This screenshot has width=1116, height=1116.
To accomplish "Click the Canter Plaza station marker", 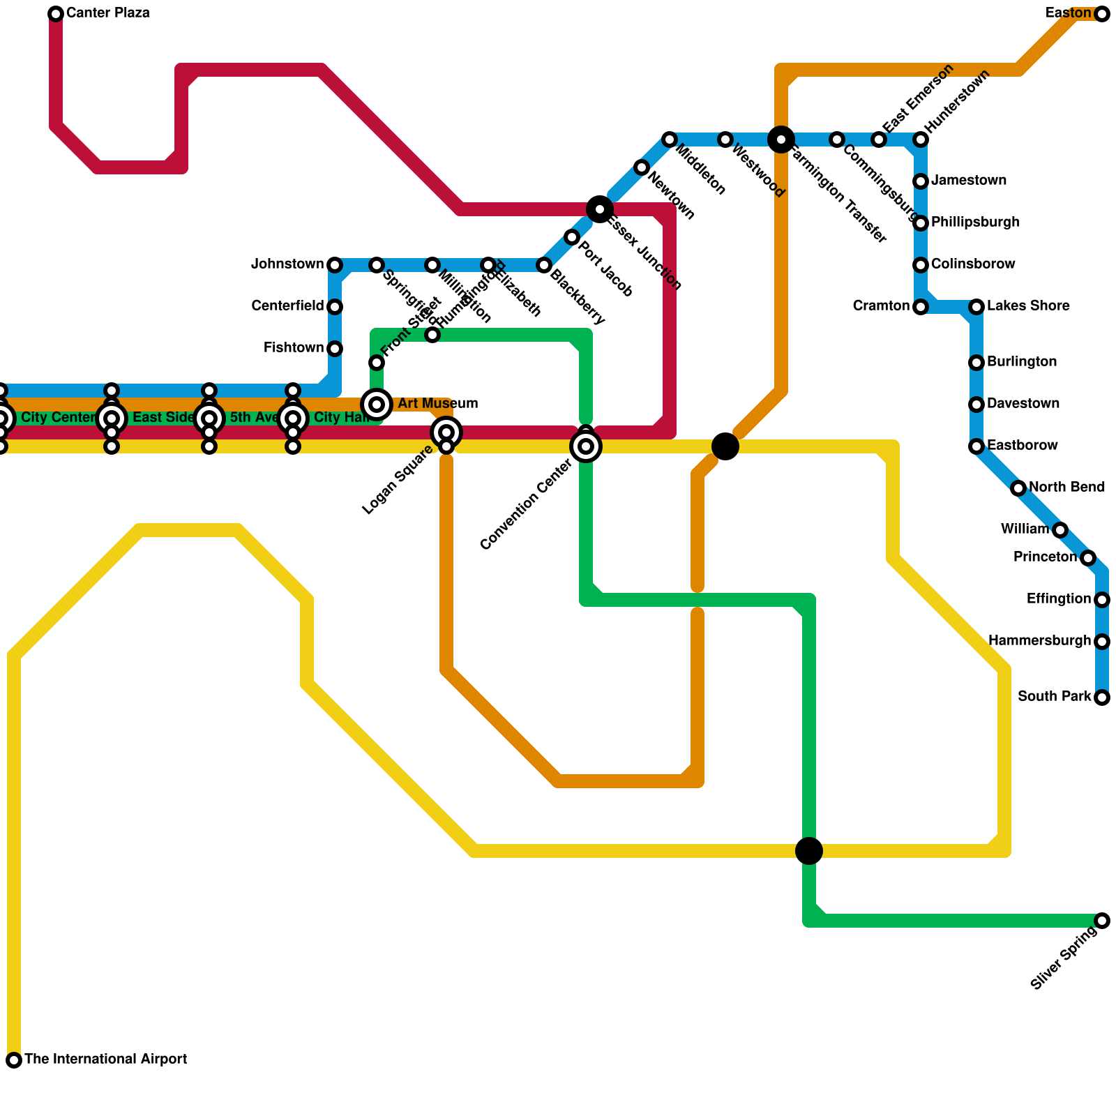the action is pyautogui.click(x=56, y=14).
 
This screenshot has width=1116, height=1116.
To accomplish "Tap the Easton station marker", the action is pyautogui.click(x=1102, y=14).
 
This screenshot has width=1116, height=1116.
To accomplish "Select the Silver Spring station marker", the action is pyautogui.click(x=1102, y=921).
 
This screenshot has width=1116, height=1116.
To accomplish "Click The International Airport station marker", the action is pyautogui.click(x=14, y=1060).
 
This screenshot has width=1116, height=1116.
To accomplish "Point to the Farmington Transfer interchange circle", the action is pyautogui.click(x=781, y=139).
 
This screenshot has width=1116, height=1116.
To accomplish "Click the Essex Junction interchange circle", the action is pyautogui.click(x=600, y=209).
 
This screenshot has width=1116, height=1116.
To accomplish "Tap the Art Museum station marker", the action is pyautogui.click(x=377, y=404).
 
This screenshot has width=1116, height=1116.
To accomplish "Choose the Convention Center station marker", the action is pyautogui.click(x=586, y=446).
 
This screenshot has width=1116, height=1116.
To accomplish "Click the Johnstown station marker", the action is pyautogui.click(x=335, y=265).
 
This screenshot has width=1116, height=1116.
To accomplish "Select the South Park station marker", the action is pyautogui.click(x=1102, y=697).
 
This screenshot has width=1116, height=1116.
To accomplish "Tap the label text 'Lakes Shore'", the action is pyautogui.click(x=1028, y=306).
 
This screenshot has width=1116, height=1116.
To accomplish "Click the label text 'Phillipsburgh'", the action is pyautogui.click(x=975, y=223).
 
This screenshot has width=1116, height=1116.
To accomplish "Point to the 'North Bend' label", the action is pyautogui.click(x=1066, y=487).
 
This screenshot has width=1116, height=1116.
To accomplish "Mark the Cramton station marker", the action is pyautogui.click(x=921, y=307).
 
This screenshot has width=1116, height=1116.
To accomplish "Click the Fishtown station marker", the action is pyautogui.click(x=335, y=349).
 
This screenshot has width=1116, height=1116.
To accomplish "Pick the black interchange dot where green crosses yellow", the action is pyautogui.click(x=809, y=851).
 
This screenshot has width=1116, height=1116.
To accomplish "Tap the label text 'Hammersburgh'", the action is pyautogui.click(x=1039, y=640).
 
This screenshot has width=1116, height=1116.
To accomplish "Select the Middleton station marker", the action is pyautogui.click(x=670, y=139).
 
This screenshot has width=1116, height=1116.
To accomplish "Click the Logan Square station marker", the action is pyautogui.click(x=446, y=432).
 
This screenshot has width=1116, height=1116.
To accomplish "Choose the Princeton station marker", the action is pyautogui.click(x=1088, y=558).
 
